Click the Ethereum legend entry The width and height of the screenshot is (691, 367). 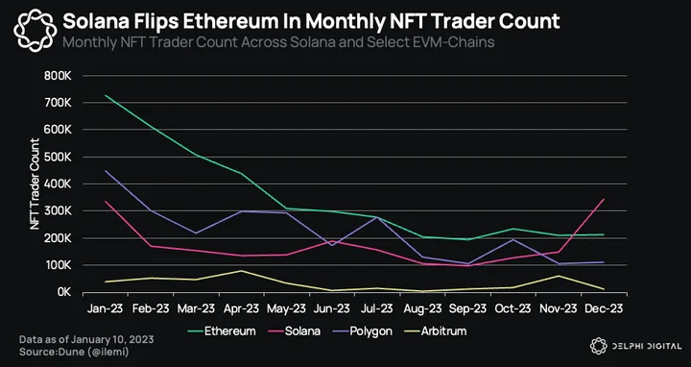222,330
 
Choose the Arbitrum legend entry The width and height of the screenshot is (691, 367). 437,330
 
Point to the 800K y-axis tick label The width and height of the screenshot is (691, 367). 58,76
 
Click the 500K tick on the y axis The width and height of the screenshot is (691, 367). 58,157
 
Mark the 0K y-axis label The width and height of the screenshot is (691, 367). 63,292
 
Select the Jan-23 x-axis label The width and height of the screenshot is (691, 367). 105,308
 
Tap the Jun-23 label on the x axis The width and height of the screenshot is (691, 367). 331,308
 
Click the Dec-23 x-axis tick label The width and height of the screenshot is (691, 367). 604,308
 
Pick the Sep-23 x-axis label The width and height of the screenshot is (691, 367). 467,308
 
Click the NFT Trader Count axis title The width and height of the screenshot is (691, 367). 35,183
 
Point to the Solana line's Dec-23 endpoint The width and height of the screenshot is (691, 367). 604,200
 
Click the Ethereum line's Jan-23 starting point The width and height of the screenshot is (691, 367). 105,95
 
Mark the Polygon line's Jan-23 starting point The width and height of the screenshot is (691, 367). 105,171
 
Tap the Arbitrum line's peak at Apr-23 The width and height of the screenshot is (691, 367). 241,270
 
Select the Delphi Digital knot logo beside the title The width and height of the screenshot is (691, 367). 36,31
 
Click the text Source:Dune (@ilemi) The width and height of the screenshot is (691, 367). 74,352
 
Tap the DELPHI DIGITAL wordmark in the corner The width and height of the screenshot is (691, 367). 646,346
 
